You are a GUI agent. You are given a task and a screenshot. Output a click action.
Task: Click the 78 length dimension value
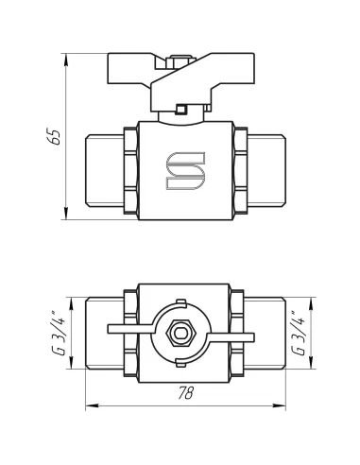[x=186, y=393]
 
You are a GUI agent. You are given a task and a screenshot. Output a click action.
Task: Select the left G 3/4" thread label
[x=60, y=334]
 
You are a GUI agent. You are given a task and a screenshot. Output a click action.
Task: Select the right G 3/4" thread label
[x=300, y=334]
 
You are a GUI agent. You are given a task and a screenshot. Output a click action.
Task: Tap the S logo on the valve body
[x=185, y=171]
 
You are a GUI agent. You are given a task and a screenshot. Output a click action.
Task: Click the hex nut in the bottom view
[x=180, y=334]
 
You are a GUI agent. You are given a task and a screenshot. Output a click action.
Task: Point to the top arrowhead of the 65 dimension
[x=66, y=60]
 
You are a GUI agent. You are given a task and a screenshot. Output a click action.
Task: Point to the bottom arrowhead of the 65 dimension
[x=66, y=214]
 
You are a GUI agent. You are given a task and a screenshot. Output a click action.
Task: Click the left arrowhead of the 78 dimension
[x=92, y=406]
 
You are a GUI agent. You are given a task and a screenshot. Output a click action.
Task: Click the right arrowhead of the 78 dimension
[x=280, y=406]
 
